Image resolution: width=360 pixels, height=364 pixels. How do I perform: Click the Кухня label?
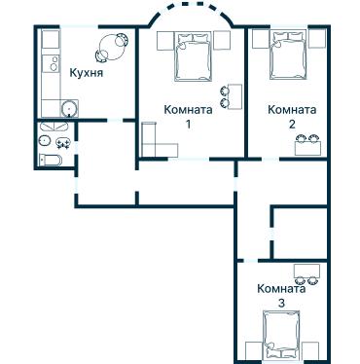88,73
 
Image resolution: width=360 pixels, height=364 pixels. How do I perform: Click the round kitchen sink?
67,108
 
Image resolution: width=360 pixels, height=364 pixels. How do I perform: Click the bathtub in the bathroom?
54,160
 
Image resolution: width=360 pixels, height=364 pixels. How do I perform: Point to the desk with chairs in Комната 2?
306,142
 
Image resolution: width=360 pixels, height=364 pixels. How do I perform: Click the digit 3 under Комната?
281,304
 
